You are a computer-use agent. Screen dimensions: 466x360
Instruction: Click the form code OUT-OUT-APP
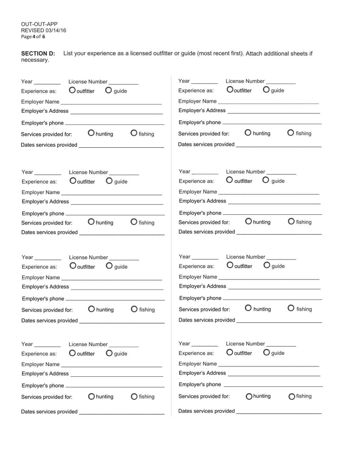[39, 24]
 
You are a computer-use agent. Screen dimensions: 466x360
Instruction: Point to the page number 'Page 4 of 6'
[33, 37]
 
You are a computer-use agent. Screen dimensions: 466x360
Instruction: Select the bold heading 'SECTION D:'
[38, 54]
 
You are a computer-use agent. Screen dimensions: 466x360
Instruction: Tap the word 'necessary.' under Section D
[35, 60]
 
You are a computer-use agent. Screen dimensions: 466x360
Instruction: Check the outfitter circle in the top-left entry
[72, 90]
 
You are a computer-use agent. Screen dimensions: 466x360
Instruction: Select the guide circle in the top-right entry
[266, 90]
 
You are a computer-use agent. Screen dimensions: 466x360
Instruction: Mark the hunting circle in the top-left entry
[91, 133]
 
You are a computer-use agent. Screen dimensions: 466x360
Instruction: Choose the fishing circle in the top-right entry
[291, 132]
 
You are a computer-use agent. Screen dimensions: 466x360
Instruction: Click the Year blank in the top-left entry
[47, 84]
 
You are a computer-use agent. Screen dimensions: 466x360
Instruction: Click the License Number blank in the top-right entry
[281, 83]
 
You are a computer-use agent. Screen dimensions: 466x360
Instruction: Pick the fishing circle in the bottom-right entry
[292, 397]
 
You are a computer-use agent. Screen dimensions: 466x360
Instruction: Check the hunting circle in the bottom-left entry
[91, 397]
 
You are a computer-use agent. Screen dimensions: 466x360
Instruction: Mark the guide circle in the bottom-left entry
[109, 353]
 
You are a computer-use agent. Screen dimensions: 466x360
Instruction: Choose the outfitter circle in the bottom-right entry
[230, 352]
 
